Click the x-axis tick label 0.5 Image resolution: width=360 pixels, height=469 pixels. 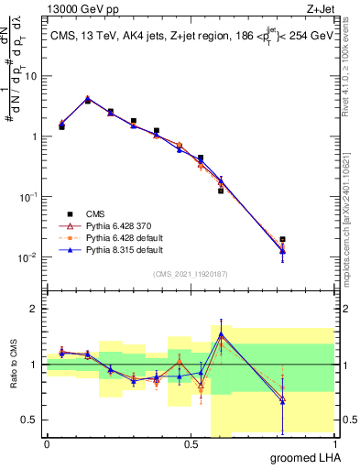(191, 445)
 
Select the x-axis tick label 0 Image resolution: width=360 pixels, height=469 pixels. (47, 445)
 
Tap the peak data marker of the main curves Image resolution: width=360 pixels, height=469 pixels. (88, 99)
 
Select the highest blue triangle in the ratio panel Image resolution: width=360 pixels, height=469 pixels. (221, 333)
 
